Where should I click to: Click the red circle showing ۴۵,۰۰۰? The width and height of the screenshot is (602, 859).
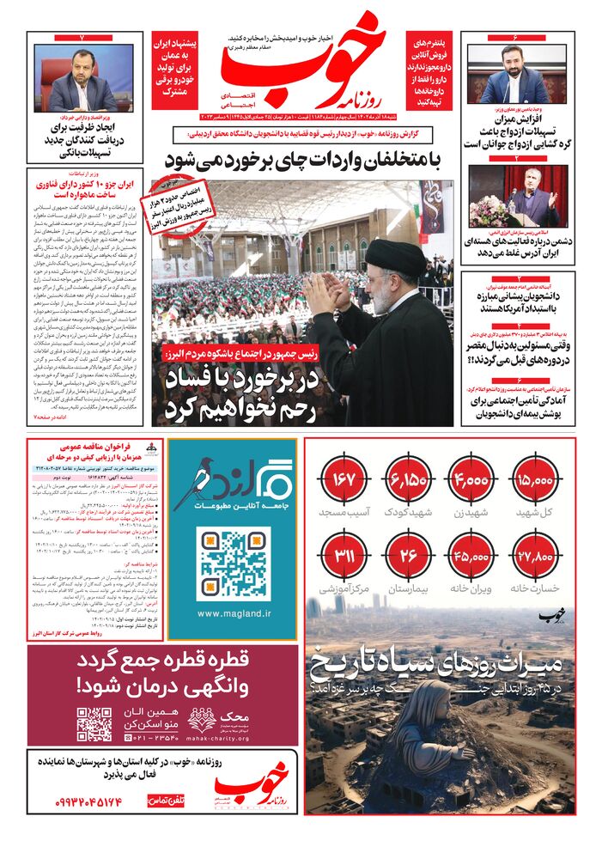471,556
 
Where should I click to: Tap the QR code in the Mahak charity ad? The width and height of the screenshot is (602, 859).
94,724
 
